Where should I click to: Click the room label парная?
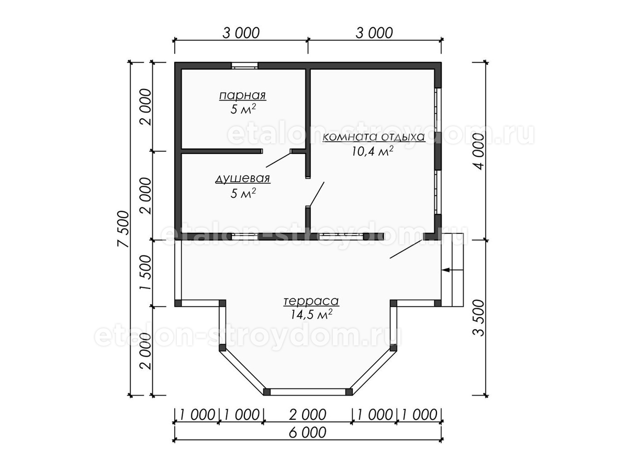[x=243, y=96]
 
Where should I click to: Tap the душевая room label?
[x=243, y=179]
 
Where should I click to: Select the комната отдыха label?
[x=374, y=137]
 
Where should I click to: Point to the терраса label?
[x=311, y=301]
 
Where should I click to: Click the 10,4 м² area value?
[x=372, y=151]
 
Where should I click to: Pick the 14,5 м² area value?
[x=311, y=315]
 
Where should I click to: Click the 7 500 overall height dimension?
[x=124, y=229]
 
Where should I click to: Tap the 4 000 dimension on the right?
[x=479, y=151]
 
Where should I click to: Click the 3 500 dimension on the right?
[x=479, y=318]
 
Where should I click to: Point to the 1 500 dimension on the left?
[x=145, y=273]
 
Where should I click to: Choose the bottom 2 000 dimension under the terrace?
[x=308, y=415]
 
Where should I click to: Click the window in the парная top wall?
[x=244, y=65]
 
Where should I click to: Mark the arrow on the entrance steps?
[x=452, y=270]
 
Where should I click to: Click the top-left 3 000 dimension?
[x=241, y=33]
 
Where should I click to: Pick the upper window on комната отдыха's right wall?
[x=438, y=109]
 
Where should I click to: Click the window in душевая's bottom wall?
[x=245, y=237]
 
